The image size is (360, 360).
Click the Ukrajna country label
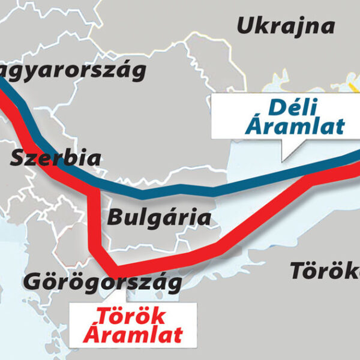point(285,26)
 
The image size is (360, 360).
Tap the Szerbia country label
point(56,159)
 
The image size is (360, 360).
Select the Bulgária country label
point(158,217)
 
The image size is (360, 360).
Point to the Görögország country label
point(102,281)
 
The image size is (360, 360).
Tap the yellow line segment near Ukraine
point(354,90)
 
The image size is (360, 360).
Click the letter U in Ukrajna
point(245,26)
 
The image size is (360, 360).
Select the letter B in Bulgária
point(114,217)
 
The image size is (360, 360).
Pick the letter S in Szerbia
point(17,159)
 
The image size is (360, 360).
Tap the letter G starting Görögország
point(31,281)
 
